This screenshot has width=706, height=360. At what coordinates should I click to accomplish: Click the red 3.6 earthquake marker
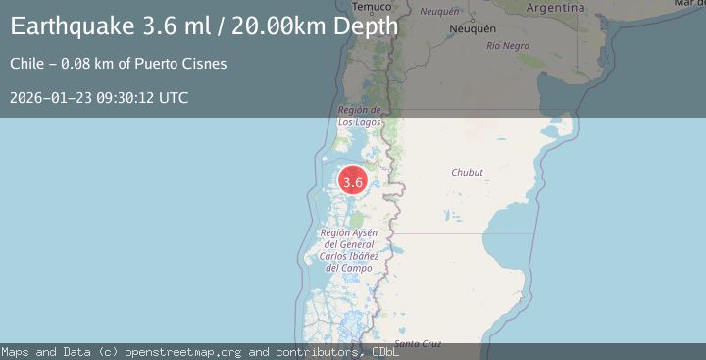click(x=353, y=181)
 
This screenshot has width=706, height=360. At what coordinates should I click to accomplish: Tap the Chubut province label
click(x=467, y=172)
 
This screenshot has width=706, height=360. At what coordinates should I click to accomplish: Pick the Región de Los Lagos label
click(x=359, y=116)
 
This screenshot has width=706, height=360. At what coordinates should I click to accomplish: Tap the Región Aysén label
click(x=348, y=249)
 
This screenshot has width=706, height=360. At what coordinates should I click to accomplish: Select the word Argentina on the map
click(x=555, y=7)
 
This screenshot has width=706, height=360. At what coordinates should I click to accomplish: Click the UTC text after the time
click(x=174, y=98)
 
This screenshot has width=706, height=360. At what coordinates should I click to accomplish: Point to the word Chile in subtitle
click(x=26, y=64)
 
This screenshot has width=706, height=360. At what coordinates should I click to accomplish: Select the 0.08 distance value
click(x=76, y=64)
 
